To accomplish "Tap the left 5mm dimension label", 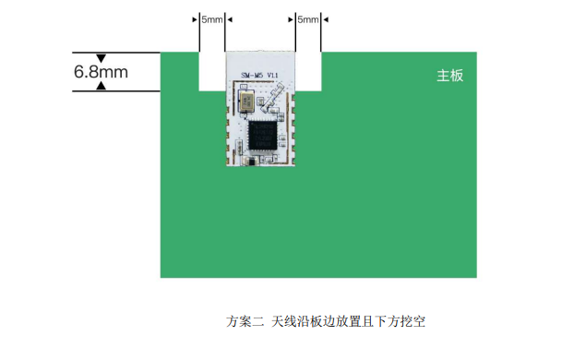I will click(x=211, y=19).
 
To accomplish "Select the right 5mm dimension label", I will click(x=307, y=19).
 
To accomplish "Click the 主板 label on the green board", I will click(x=450, y=76).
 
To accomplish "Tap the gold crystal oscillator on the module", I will click(x=247, y=102).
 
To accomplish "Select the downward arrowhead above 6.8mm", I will click(x=102, y=57).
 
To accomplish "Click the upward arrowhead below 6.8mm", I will click(x=102, y=86).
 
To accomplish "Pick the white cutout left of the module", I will click(x=212, y=70).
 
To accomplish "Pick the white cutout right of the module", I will click(x=307, y=70).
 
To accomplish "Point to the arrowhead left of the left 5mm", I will click(x=196, y=19).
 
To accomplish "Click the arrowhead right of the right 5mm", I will click(x=325, y=19).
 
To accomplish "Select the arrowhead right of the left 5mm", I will click(x=229, y=19).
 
